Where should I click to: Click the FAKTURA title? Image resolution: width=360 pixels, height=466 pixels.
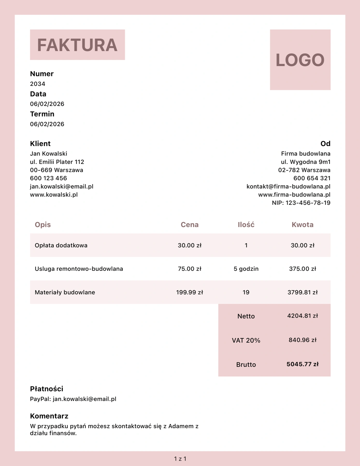coord(77,45)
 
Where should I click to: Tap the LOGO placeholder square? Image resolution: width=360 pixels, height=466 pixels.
coord(300,60)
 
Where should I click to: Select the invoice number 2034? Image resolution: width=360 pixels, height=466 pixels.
coord(38,84)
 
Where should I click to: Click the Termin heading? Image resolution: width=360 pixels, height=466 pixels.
coord(42,114)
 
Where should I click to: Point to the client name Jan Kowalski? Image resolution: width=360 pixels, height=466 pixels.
coord(48,154)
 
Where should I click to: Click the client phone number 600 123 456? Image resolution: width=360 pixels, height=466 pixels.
coord(48,178)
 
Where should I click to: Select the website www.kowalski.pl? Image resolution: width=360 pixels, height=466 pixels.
coord(54,194)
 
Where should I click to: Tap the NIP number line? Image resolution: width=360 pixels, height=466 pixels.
coord(301,203)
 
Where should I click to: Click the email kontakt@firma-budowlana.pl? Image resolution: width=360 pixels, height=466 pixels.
coord(288,186)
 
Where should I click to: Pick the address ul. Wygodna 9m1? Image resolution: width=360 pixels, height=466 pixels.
coord(306,162)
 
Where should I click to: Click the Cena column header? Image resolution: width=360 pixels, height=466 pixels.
coord(190,224)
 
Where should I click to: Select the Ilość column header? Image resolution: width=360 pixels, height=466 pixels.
coord(246,224)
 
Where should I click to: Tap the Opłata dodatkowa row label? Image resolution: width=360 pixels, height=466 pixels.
coord(61,245)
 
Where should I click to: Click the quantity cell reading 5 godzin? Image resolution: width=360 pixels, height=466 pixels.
coord(246,269)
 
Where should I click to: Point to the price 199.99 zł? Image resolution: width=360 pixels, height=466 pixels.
coord(190,292)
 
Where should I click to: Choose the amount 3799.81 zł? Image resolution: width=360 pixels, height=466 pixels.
coord(303,292)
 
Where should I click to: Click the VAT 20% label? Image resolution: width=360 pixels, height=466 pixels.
coord(246,340)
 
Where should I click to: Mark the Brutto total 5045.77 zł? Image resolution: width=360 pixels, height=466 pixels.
coord(303,364)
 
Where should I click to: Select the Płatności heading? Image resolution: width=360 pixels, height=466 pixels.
coord(47,389)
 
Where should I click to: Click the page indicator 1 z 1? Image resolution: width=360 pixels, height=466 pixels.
coord(180,459)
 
